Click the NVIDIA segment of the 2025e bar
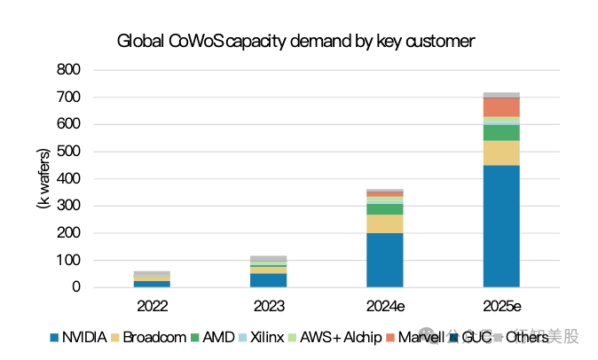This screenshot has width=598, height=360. tap(501, 226)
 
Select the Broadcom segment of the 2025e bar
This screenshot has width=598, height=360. tap(501, 153)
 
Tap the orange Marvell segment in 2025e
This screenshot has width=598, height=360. tap(501, 106)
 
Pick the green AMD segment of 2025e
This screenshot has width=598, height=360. tap(501, 132)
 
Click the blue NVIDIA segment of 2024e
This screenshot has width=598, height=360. tap(385, 260)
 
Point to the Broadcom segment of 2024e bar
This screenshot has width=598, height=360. tap(385, 223)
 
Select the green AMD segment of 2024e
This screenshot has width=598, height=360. tap(385, 208)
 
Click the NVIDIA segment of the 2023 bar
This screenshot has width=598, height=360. tap(269, 280)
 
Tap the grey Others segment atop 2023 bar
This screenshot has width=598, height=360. tap(269, 258)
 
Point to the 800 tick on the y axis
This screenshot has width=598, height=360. tap(68, 69)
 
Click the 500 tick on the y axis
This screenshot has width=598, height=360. tap(68, 152)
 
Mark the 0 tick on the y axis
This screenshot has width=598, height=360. tap(75, 287)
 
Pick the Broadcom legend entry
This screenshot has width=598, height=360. tap(152, 337)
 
